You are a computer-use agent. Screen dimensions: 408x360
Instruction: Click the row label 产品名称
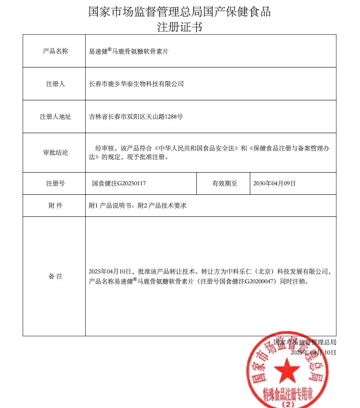tap(55, 51)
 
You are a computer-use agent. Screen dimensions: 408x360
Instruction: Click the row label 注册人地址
tap(55, 117)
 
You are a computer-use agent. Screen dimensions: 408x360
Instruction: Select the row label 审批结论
tap(55, 153)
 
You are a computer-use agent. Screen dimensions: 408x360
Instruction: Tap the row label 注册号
tap(55, 184)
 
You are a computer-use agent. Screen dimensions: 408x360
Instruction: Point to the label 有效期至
tap(224, 184)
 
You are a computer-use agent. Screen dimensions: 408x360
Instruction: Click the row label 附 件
tap(55, 205)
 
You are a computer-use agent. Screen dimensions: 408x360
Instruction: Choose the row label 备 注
tap(55, 276)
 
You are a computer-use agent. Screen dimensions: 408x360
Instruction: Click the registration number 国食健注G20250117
tap(118, 184)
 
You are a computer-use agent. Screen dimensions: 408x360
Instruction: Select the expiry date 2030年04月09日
tap(274, 184)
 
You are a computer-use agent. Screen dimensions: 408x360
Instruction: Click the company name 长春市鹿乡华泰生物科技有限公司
tap(136, 84)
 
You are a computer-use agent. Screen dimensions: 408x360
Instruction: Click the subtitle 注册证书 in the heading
tap(179, 26)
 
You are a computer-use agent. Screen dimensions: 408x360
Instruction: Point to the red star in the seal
tap(287, 372)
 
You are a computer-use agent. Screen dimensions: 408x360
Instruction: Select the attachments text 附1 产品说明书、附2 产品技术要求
tap(137, 205)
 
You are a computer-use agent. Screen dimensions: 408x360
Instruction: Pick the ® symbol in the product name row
tap(109, 49)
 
